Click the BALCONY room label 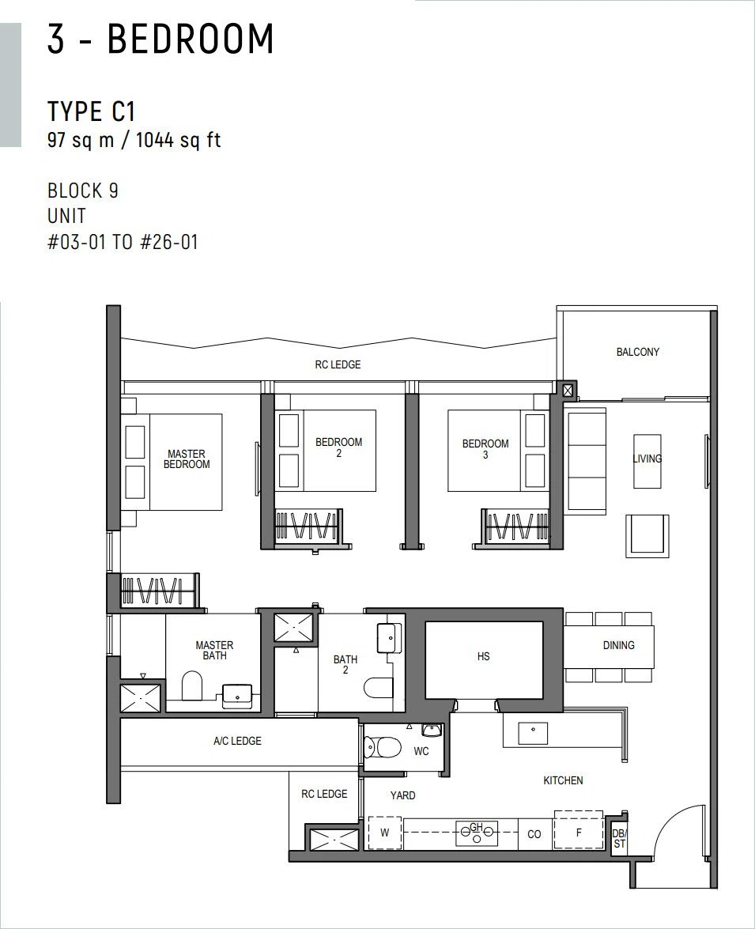pos(638,352)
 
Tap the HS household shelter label pos(484,656)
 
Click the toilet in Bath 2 pos(378,688)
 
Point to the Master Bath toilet pos(191,685)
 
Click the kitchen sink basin pos(534,733)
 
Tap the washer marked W pos(385,833)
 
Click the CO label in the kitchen pos(534,834)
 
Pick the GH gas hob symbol pos(477,833)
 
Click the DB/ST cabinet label pos(619,838)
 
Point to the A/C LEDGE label pos(238,741)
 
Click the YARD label pos(403,795)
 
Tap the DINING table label pos(619,645)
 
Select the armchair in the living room pos(647,535)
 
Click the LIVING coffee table pos(647,461)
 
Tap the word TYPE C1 pos(92,111)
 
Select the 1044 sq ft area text pos(179,141)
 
